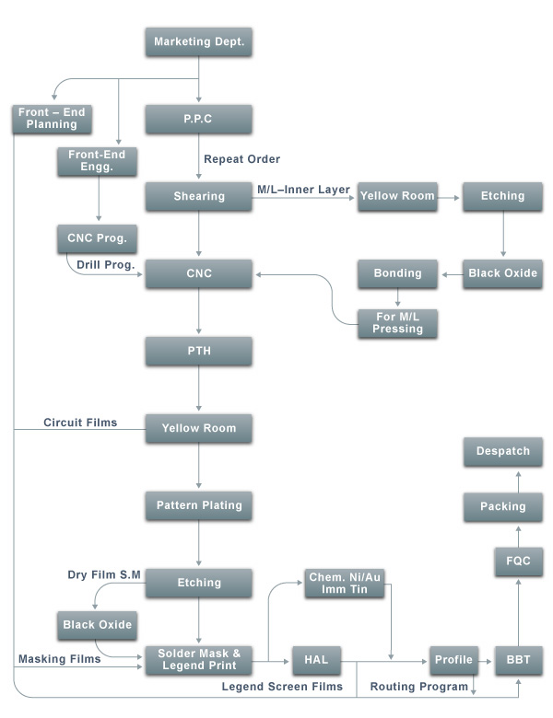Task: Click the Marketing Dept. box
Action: tap(198, 42)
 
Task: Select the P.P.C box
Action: tap(198, 119)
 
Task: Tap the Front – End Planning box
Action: tap(52, 119)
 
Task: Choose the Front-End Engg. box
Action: tap(97, 161)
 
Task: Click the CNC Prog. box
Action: tap(97, 238)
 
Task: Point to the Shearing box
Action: tap(198, 196)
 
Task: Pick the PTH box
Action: tap(198, 352)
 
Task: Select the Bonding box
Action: tap(397, 273)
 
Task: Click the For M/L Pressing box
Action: tap(397, 323)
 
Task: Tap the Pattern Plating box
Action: tap(198, 505)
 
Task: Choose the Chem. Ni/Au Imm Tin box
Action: tap(345, 584)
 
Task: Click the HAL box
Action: tap(316, 660)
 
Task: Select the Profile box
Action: tap(454, 660)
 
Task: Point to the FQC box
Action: tap(519, 562)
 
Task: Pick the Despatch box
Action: tap(503, 451)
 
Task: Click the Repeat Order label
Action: tap(242, 159)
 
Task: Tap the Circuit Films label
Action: tap(80, 423)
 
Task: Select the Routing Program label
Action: tap(419, 687)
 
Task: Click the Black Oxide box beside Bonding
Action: tap(503, 273)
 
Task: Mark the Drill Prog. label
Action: tap(106, 265)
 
